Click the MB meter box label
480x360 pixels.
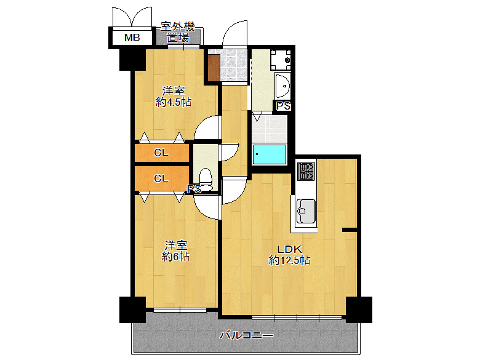132,38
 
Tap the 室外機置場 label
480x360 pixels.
178,33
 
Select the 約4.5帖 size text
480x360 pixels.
174,102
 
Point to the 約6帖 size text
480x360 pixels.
175,257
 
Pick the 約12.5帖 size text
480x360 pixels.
290,260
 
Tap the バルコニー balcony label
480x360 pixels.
246,335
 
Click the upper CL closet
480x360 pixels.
162,153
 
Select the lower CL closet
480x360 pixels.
162,178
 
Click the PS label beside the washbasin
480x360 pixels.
283,106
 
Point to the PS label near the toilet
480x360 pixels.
194,189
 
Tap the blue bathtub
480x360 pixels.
270,154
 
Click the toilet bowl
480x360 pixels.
206,179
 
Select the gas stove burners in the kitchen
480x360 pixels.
306,171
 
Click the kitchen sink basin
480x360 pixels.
306,210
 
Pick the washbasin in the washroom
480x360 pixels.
282,86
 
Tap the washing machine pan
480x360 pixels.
281,60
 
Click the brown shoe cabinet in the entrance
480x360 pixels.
214,68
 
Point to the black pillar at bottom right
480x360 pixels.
359,310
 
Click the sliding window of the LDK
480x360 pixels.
297,318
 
